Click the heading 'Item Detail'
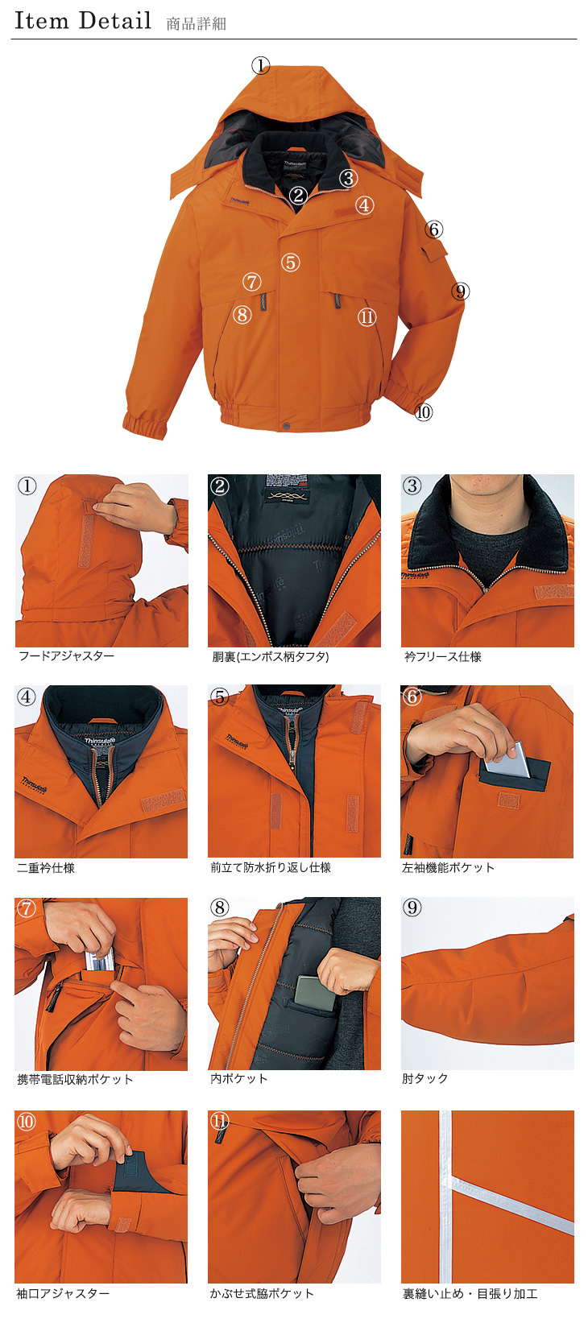coord(83,21)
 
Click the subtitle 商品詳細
coord(197,23)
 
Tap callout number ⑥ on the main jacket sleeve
coord(434,229)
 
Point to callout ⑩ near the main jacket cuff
coord(423,411)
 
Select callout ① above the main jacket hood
coord(261,65)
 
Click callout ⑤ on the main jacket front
coord(290,262)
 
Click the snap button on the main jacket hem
coord(287,426)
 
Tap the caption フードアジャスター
coord(67,655)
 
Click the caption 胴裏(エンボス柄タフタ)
coord(271,656)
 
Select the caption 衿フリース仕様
coord(443,656)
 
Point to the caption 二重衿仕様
coord(46,867)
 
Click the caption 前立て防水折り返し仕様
coord(271,867)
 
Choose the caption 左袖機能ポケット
coord(448,867)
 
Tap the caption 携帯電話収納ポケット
coord(75,1079)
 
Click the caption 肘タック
coord(425,1078)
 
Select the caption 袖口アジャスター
coord(64,1293)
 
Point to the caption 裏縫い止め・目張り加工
coord(470,1293)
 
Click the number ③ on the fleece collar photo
coord(412,486)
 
